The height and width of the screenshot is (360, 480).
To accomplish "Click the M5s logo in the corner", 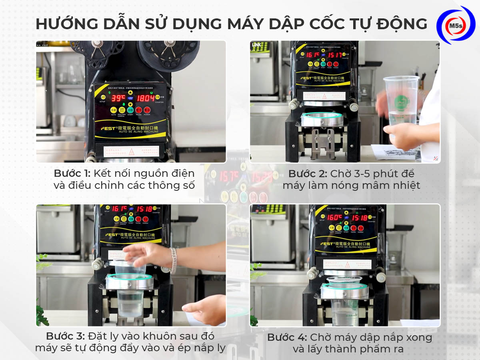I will pyautogui.click(x=456, y=25).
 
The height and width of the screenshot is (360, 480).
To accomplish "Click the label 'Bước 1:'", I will pyautogui.click(x=72, y=174).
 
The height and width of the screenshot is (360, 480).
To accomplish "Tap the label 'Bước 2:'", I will pyautogui.click(x=307, y=174).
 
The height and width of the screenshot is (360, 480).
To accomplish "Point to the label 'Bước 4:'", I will pyautogui.click(x=287, y=337).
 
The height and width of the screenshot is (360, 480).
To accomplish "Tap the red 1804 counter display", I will pyautogui.click(x=146, y=98).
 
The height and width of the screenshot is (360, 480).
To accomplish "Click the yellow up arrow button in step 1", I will pyautogui.click(x=131, y=92).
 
